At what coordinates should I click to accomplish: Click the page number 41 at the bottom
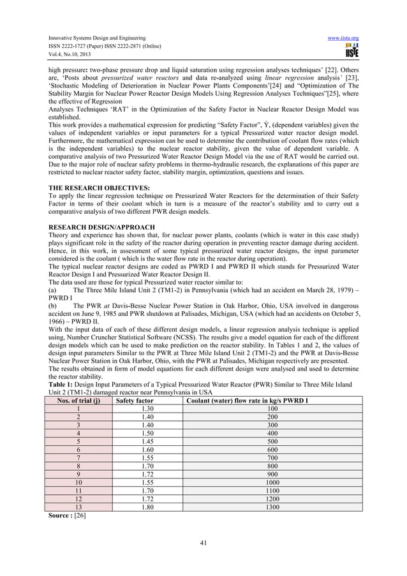click(204, 543)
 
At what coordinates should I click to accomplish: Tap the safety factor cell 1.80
click(147, 507)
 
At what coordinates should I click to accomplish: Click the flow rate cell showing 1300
click(273, 507)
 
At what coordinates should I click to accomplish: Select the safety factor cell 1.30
click(147, 409)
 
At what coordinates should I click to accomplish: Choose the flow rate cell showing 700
click(273, 458)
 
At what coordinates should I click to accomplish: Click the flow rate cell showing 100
click(273, 409)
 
